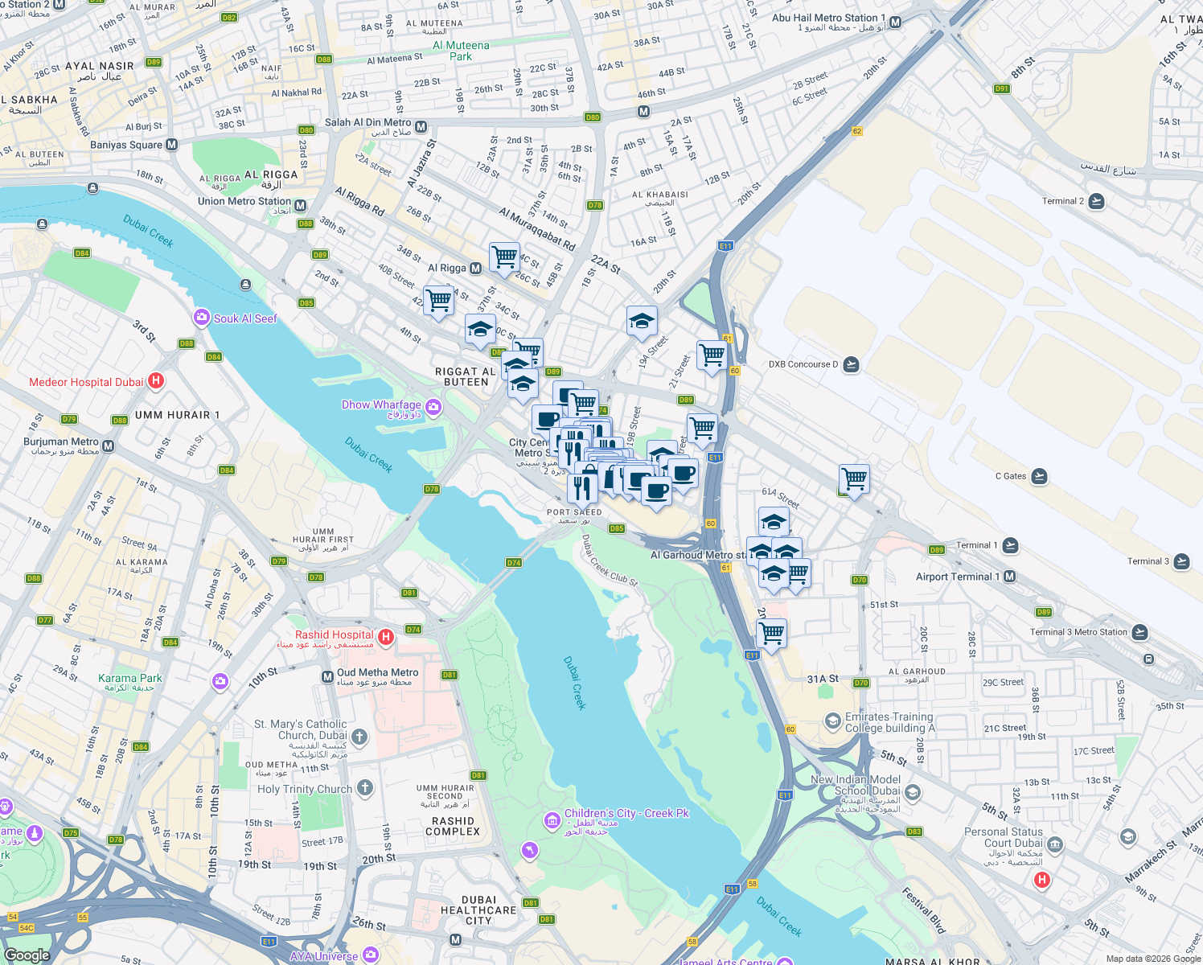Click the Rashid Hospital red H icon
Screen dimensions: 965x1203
pyautogui.click(x=386, y=637)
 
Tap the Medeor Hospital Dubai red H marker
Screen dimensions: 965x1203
pyautogui.click(x=156, y=381)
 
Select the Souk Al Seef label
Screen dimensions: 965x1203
pyautogui.click(x=245, y=318)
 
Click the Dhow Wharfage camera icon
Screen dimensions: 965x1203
pyautogui.click(x=433, y=407)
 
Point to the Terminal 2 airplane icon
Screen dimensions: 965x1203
pyautogui.click(x=1096, y=201)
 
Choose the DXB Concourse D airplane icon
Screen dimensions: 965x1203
pyautogui.click(x=851, y=364)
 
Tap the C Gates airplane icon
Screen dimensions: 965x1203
pyautogui.click(x=1039, y=476)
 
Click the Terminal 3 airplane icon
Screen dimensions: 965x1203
pyautogui.click(x=1181, y=561)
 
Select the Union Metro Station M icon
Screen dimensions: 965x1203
pyautogui.click(x=301, y=205)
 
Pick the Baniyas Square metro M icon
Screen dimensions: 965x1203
pyautogui.click(x=171, y=145)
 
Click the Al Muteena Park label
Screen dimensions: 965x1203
pyautogui.click(x=461, y=51)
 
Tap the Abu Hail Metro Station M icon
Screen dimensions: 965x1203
pyautogui.click(x=895, y=23)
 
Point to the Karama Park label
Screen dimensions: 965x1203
pyautogui.click(x=130, y=678)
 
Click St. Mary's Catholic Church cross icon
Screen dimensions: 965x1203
pyautogui.click(x=359, y=736)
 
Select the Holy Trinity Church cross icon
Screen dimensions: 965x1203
pyautogui.click(x=365, y=787)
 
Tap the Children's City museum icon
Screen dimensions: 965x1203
pyautogui.click(x=552, y=820)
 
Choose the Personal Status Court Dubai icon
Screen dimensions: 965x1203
pyautogui.click(x=1055, y=844)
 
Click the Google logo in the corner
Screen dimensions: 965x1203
pyautogui.click(x=27, y=955)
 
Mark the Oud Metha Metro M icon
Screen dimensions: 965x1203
pyautogui.click(x=327, y=677)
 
